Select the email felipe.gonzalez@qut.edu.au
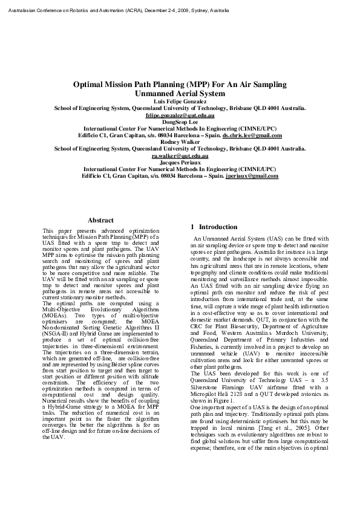tap(180, 114)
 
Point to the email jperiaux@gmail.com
tap(252, 176)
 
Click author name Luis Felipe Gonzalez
tap(180, 101)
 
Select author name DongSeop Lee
tap(180, 121)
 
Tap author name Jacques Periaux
tap(180, 163)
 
